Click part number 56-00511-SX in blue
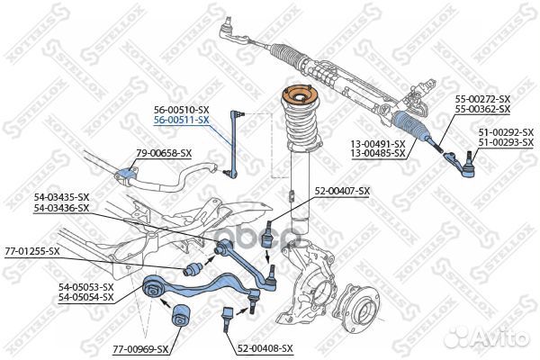coord(182,120)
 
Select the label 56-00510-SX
coord(182,110)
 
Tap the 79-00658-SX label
coord(164,153)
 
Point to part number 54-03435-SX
coord(61,197)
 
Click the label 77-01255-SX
coord(32,251)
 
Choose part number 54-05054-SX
coord(85,297)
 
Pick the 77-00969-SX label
coord(141,349)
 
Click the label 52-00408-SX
coord(265,348)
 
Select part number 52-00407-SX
coord(342,191)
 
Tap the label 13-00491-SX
coord(378,144)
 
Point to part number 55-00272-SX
coord(482,99)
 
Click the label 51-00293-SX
coord(506,142)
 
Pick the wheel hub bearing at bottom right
coord(357,310)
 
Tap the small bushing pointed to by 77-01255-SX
coord(193,268)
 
